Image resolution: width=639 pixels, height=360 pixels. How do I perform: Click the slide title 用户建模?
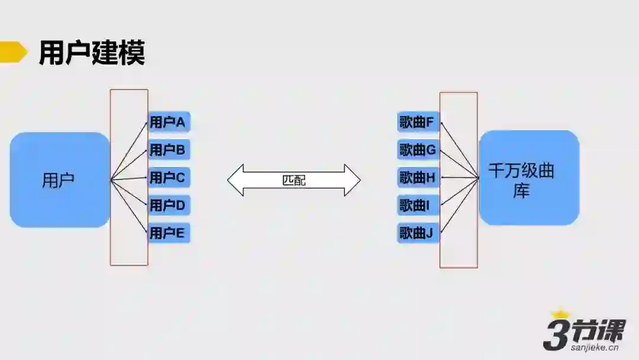(x=92, y=53)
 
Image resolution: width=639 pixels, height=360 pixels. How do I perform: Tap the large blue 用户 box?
(x=59, y=180)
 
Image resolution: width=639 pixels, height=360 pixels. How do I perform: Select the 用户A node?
(x=169, y=123)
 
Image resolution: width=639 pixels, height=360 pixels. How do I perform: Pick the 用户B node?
(x=169, y=150)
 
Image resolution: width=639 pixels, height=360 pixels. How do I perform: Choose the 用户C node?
(x=169, y=177)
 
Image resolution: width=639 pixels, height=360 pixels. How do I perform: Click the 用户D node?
(x=169, y=205)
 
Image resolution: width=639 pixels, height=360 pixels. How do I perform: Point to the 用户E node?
(x=169, y=233)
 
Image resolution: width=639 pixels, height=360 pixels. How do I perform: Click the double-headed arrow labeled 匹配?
(x=294, y=180)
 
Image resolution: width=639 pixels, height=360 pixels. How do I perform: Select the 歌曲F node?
(x=418, y=123)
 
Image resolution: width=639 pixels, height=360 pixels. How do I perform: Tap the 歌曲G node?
(x=418, y=150)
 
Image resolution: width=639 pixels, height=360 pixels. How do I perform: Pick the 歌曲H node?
(x=418, y=177)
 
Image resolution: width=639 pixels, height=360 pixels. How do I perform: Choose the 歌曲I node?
(x=418, y=205)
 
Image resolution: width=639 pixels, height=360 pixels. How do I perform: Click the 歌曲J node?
(x=418, y=233)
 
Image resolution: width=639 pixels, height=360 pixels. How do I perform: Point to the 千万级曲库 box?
(x=528, y=178)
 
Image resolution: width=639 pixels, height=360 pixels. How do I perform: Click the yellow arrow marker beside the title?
(x=13, y=52)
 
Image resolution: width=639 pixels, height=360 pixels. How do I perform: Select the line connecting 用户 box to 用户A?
(x=129, y=151)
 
